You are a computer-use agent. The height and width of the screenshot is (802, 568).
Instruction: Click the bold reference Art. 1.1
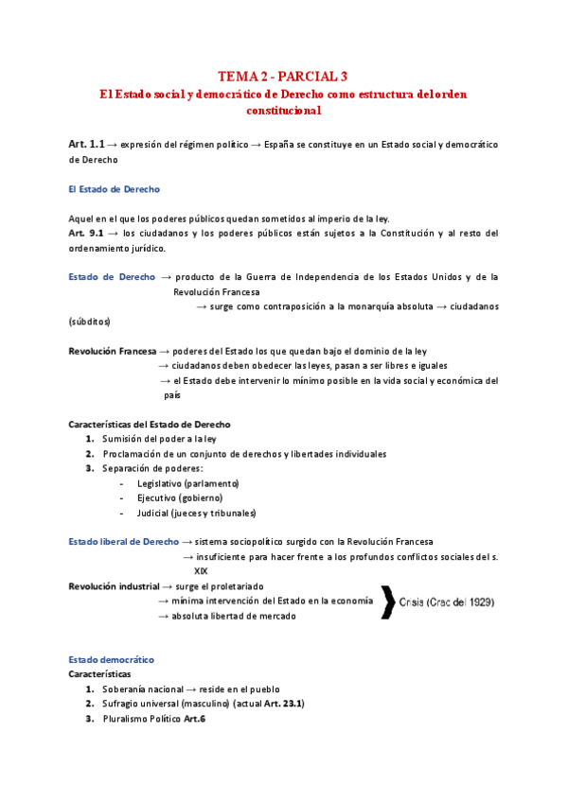pyautogui.click(x=86, y=144)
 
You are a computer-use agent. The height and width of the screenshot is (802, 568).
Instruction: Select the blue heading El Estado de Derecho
pyautogui.click(x=114, y=189)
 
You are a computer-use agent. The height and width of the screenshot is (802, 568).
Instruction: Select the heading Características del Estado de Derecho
pyautogui.click(x=150, y=425)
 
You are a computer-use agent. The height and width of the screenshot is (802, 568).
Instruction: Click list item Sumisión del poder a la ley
pyautogui.click(x=176, y=439)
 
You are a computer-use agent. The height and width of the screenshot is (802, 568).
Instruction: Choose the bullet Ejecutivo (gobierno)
pyautogui.click(x=180, y=497)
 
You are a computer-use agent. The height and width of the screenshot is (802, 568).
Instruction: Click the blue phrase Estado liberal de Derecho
pyautogui.click(x=124, y=542)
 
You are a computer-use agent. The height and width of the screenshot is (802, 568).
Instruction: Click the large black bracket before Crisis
pyautogui.click(x=387, y=602)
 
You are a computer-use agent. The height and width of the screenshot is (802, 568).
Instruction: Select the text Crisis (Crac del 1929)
pyautogui.click(x=446, y=602)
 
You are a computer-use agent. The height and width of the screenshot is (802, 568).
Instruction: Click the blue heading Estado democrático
pyautogui.click(x=111, y=659)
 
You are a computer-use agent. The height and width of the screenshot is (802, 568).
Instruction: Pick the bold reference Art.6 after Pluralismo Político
pyautogui.click(x=194, y=719)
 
